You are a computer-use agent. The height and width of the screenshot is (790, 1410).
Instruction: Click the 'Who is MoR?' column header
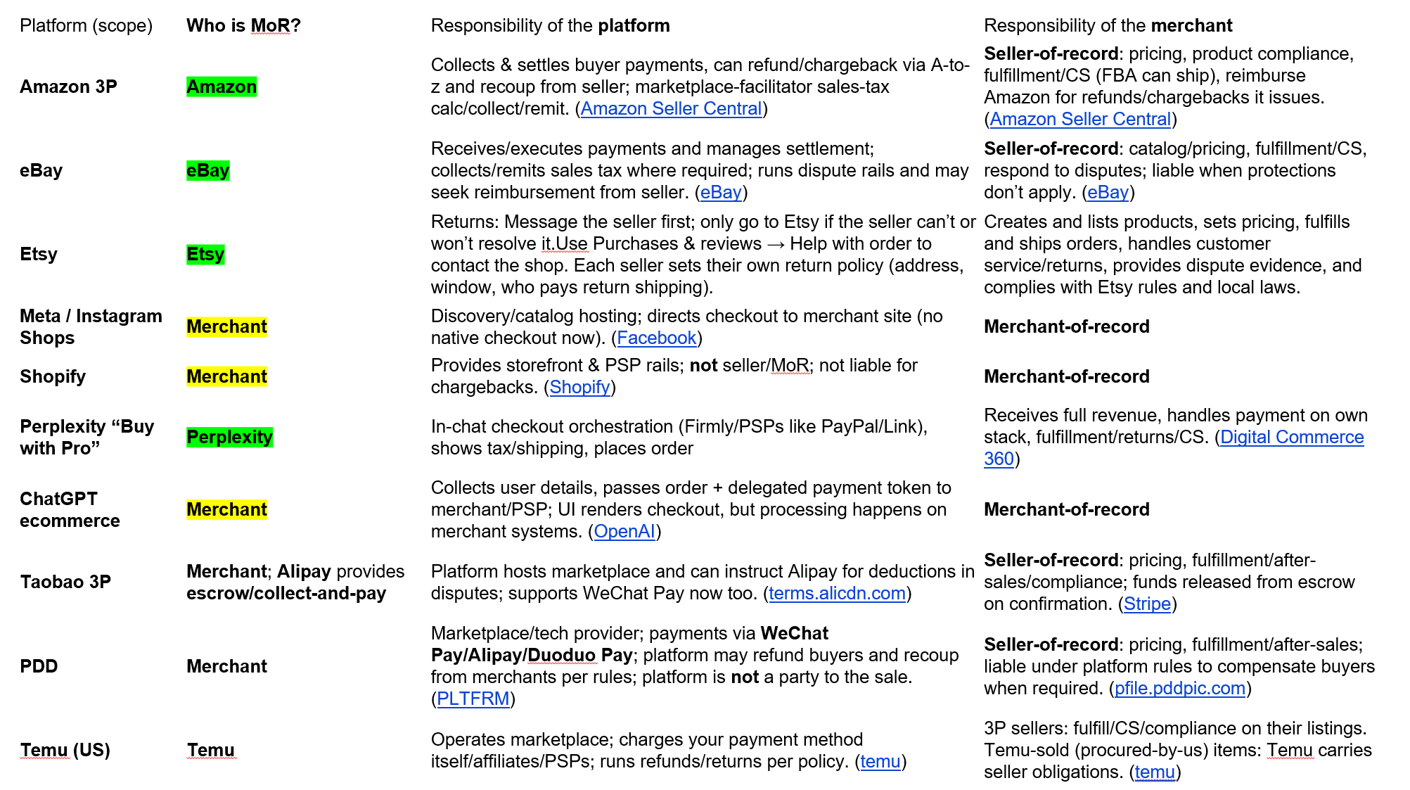pyautogui.click(x=243, y=26)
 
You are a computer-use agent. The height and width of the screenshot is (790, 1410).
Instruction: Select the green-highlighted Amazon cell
pyautogui.click(x=222, y=87)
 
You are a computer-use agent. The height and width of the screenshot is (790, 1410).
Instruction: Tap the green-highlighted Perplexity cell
pyautogui.click(x=229, y=437)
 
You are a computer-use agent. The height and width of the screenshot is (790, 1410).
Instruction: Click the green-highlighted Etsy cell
pyautogui.click(x=205, y=254)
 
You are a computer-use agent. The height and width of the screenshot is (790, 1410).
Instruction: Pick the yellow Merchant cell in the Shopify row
pyautogui.click(x=226, y=376)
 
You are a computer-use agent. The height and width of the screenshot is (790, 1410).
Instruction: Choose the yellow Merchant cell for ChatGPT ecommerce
pyautogui.click(x=226, y=509)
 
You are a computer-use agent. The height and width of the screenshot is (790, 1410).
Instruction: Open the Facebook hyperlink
pyautogui.click(x=656, y=338)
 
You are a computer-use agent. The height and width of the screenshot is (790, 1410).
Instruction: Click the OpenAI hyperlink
pyautogui.click(x=624, y=532)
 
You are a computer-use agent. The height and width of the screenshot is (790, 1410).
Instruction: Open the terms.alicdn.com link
pyautogui.click(x=837, y=594)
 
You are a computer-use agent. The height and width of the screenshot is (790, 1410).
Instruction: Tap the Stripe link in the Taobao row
pyautogui.click(x=1147, y=604)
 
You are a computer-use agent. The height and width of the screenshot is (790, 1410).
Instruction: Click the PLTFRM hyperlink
pyautogui.click(x=473, y=699)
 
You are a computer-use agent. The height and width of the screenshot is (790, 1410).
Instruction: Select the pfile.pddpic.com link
pyautogui.click(x=1179, y=689)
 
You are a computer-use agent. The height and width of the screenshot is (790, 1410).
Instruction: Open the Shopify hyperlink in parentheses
pyautogui.click(x=579, y=388)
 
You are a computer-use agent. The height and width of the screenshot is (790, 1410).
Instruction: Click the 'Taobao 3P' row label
pyautogui.click(x=65, y=582)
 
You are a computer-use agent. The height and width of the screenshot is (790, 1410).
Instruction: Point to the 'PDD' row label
pyautogui.click(x=39, y=666)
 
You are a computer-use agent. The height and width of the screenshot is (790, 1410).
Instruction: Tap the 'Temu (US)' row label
pyautogui.click(x=65, y=750)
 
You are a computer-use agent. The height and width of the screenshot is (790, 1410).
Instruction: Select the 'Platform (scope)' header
pyautogui.click(x=86, y=26)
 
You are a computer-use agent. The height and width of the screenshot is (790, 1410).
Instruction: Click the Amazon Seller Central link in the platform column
pyautogui.click(x=671, y=109)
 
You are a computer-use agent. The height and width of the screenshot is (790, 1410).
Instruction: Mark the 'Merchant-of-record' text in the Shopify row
pyautogui.click(x=1066, y=376)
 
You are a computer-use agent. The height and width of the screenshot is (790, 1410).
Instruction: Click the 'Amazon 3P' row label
pyautogui.click(x=68, y=87)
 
